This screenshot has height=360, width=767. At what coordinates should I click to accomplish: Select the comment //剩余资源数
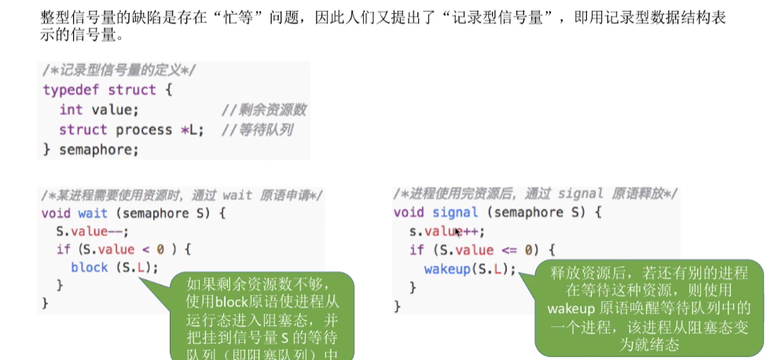pyautogui.click(x=263, y=110)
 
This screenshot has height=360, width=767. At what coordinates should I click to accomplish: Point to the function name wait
pyautogui.click(x=93, y=213)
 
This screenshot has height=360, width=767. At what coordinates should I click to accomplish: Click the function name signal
pyautogui.click(x=455, y=212)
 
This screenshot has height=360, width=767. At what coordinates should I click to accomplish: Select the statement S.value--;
pyautogui.click(x=91, y=232)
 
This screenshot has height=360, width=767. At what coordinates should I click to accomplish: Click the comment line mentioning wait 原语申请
pyautogui.click(x=182, y=194)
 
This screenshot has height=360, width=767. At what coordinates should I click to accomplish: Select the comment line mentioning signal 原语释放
pyautogui.click(x=535, y=193)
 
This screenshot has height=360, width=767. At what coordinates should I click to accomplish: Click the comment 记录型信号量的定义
pyautogui.click(x=119, y=71)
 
